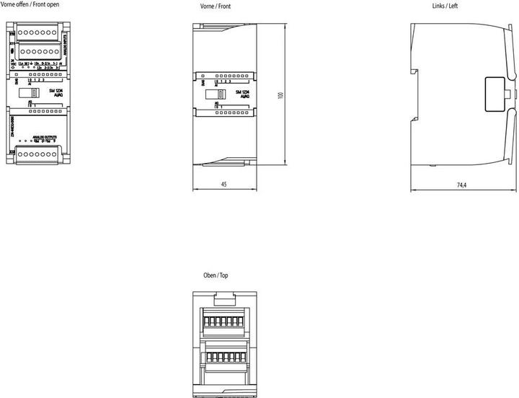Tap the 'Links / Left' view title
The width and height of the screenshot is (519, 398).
pyautogui.click(x=444, y=6)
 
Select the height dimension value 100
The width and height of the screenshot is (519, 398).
pyautogui.click(x=280, y=95)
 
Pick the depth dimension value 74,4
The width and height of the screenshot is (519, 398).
pyautogui.click(x=461, y=185)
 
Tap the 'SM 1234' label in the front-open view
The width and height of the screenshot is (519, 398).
pyautogui.click(x=56, y=93)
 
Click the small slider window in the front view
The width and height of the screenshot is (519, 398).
pyautogui.click(x=214, y=94)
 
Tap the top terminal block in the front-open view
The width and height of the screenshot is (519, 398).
pyautogui.click(x=37, y=32)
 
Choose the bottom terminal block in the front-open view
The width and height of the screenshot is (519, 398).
pyautogui.click(x=37, y=153)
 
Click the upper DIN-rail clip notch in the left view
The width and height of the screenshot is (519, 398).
pyautogui.click(x=415, y=71)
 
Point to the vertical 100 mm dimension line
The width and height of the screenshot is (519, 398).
pyautogui.click(x=287, y=96)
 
